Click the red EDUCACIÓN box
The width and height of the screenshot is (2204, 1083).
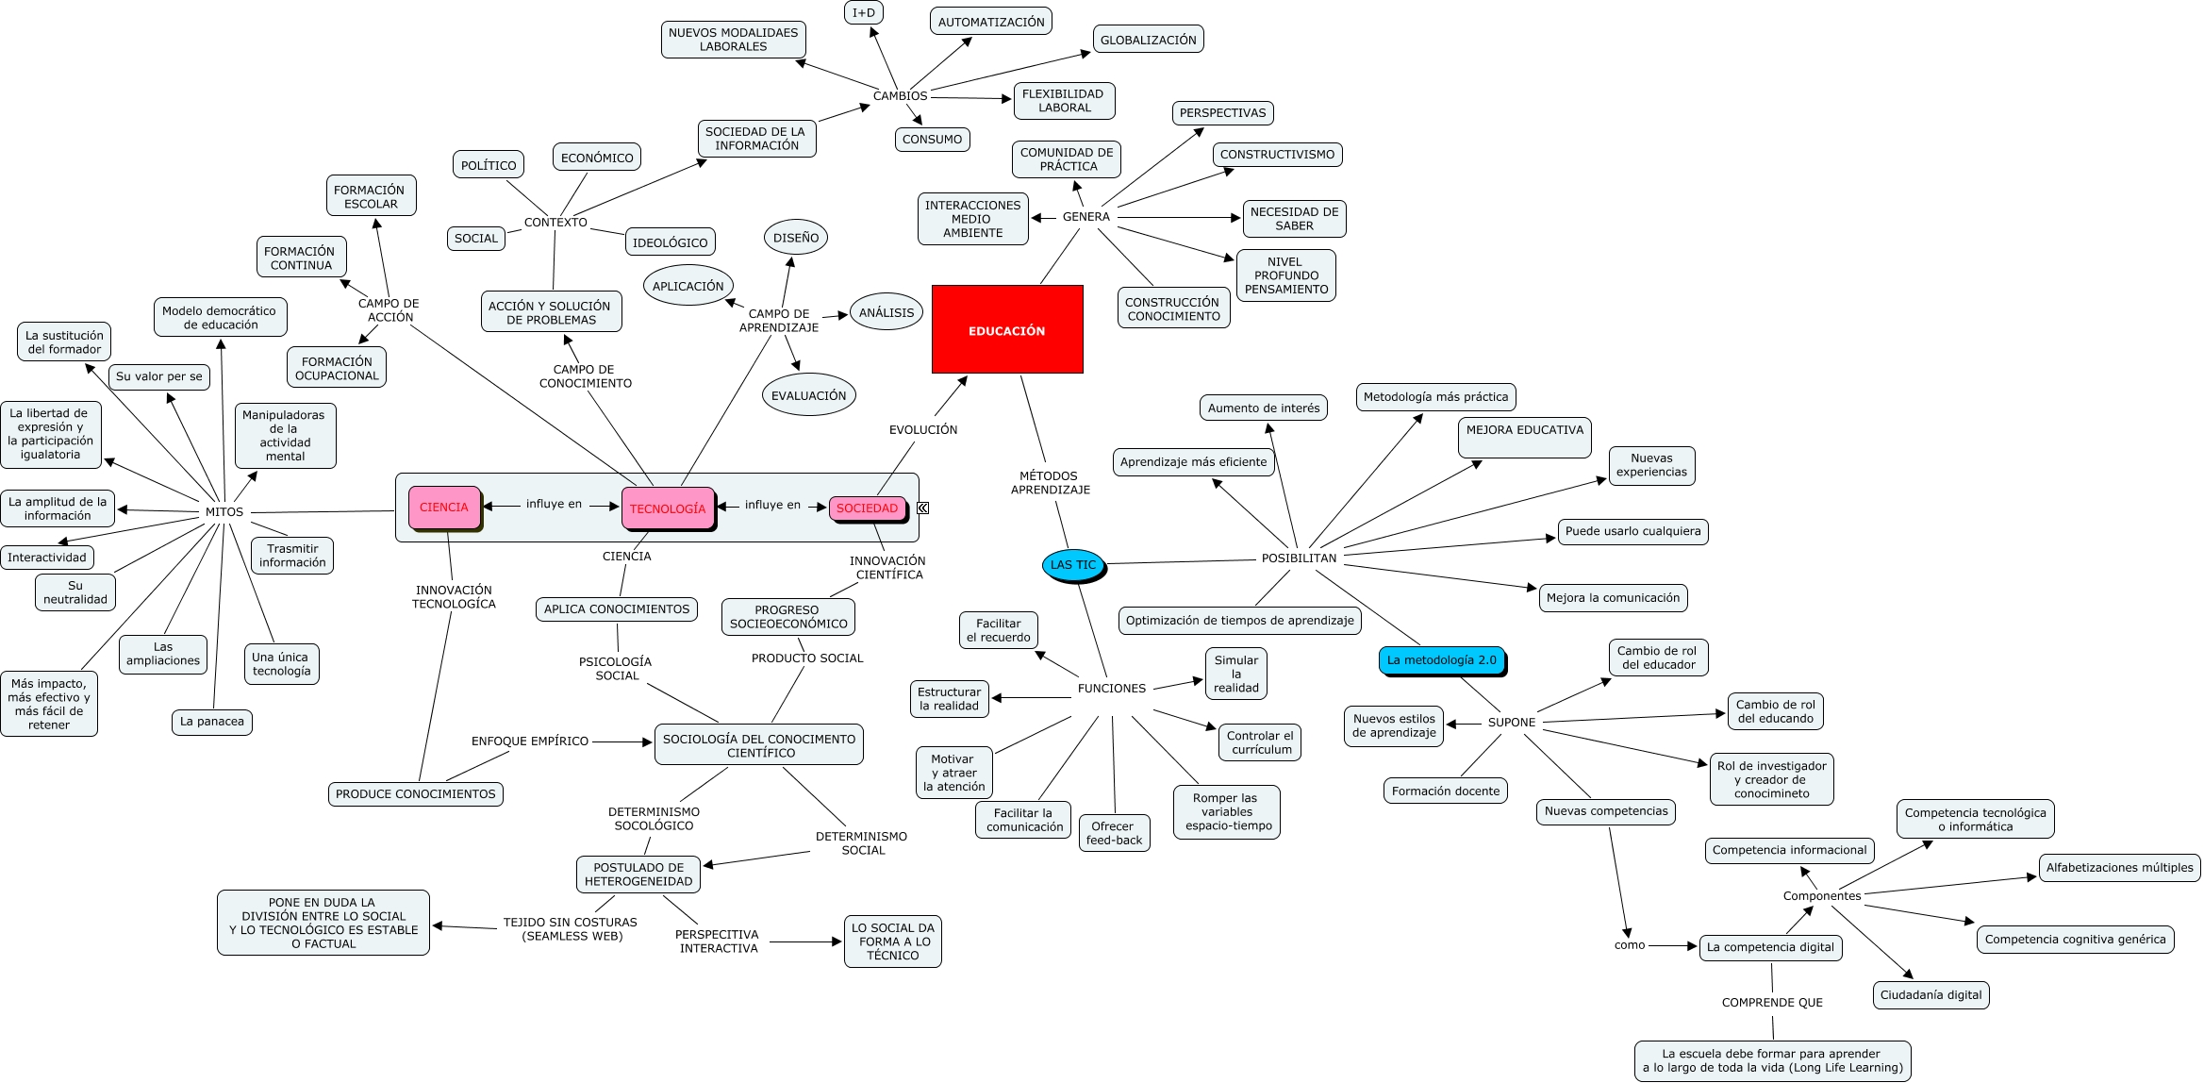tap(1006, 330)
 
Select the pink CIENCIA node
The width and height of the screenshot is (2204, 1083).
tap(443, 508)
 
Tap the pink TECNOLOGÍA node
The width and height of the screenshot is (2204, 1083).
tap(668, 508)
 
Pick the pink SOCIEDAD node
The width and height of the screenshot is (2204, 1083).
tap(867, 508)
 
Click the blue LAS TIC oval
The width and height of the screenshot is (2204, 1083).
tap(1073, 565)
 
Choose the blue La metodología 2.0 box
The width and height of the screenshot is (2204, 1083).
tap(1441, 660)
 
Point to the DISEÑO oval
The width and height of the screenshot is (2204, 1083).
tap(796, 238)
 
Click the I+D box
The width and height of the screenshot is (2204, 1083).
tap(864, 13)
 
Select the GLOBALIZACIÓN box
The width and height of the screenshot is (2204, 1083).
tap(1148, 40)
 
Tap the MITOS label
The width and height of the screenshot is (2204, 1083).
tap(224, 512)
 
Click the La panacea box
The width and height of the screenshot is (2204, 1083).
tap(212, 722)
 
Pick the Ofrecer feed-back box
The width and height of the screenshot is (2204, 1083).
tap(1114, 833)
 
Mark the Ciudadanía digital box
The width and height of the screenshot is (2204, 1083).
tap(1931, 994)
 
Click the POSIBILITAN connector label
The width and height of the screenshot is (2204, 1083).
tap(1299, 558)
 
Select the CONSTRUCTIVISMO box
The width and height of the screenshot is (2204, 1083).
tap(1277, 155)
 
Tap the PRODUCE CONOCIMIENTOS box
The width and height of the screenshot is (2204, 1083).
tap(415, 794)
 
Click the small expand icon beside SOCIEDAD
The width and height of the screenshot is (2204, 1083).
tap(923, 508)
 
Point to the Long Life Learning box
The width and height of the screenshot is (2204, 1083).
tap(1772, 1060)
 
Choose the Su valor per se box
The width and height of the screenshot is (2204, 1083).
tap(159, 376)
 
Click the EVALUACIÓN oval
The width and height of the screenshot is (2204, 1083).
tap(808, 395)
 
